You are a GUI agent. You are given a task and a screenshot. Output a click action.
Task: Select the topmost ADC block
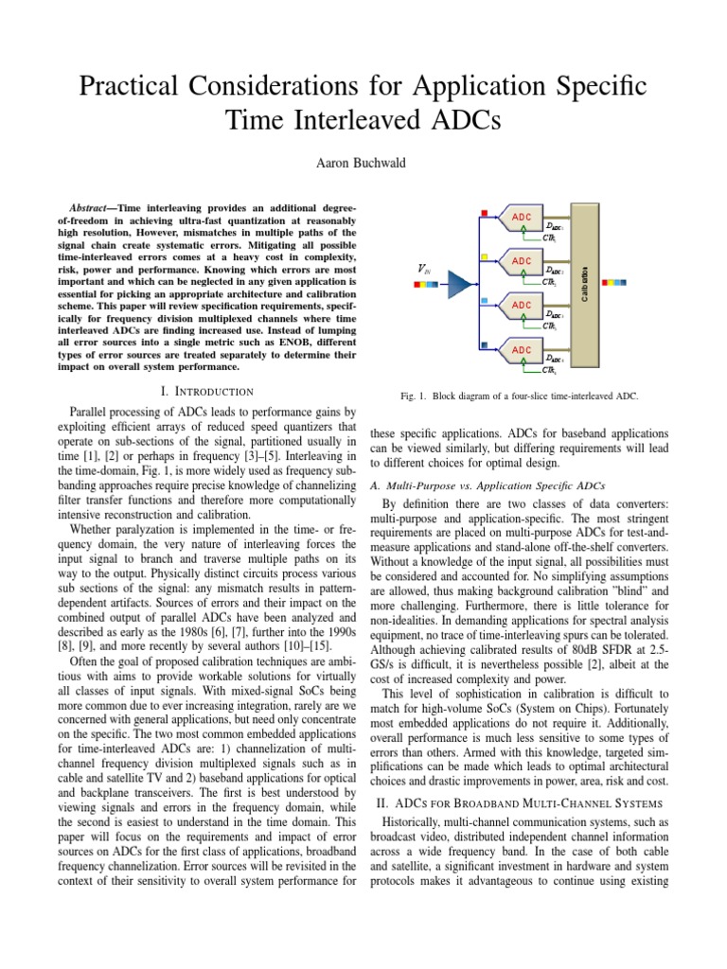click(x=523, y=216)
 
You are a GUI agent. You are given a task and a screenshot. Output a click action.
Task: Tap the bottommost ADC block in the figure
click(x=523, y=349)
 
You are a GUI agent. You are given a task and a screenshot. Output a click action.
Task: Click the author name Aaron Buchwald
click(x=363, y=163)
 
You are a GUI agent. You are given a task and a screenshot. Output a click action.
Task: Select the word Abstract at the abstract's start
click(x=92, y=207)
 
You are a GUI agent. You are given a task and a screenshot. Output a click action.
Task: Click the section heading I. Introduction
click(x=208, y=391)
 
